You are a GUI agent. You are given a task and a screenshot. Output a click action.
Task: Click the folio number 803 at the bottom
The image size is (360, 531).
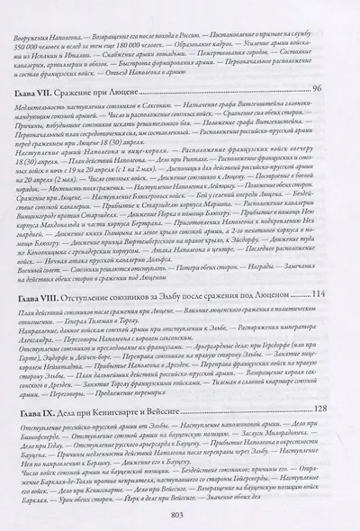click(181, 513)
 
